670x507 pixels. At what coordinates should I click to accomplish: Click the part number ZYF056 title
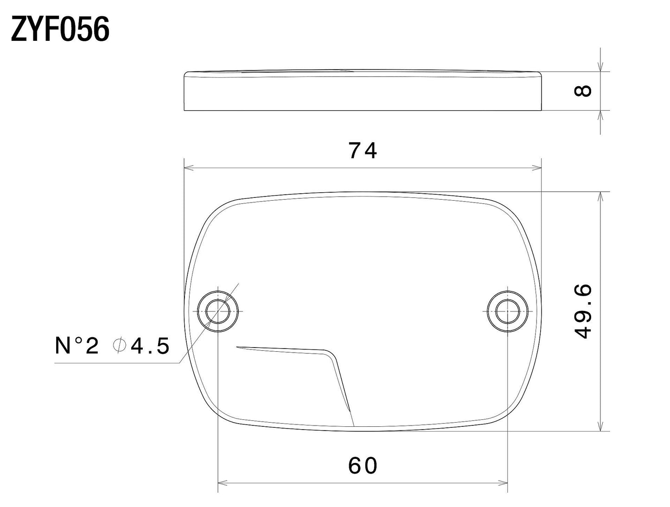(x=60, y=29)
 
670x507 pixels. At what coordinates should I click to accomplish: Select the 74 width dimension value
(x=363, y=151)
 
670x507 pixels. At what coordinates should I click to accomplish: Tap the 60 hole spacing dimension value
(x=363, y=466)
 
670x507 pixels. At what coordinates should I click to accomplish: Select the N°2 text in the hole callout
(x=77, y=346)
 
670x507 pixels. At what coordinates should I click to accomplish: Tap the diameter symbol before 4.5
(x=119, y=346)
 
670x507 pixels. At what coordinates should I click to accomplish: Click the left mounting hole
(x=217, y=311)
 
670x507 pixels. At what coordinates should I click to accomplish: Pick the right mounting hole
(x=508, y=311)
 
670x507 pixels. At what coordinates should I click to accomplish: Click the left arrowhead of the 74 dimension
(x=188, y=168)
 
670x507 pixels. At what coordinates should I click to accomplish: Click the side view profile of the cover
(x=363, y=91)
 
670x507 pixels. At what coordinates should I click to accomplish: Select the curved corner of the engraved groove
(x=332, y=355)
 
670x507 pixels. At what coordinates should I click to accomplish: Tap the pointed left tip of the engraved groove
(x=237, y=346)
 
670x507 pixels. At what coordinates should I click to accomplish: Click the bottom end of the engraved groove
(x=353, y=425)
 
